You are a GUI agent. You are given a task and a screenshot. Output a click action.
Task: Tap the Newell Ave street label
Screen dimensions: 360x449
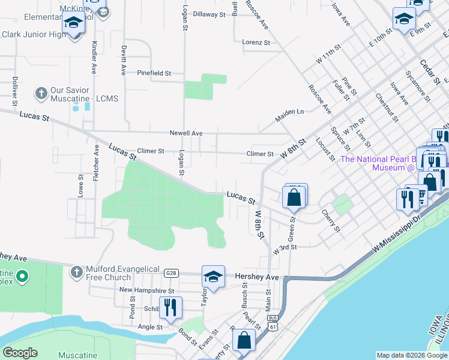185,133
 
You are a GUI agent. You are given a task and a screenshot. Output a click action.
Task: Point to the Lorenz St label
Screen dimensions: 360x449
256,43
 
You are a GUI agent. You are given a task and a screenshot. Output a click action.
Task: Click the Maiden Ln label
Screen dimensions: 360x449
289,112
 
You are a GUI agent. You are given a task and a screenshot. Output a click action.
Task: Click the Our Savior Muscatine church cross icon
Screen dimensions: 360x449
41,94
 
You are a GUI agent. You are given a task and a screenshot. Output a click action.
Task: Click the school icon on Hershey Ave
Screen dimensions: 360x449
213,276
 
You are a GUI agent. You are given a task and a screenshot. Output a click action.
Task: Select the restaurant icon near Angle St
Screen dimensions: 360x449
170,307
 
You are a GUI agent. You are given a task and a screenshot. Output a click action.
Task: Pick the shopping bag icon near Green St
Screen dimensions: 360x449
294,197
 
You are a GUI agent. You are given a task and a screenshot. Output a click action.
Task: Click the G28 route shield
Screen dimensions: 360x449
172,273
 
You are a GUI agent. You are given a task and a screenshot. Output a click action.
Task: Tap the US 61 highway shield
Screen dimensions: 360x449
274,326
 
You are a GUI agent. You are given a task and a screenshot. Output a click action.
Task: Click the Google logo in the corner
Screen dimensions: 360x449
20,353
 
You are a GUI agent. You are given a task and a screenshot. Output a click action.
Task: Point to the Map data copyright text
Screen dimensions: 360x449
412,355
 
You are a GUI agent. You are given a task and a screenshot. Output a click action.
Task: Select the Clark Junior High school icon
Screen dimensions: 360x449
74,23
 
